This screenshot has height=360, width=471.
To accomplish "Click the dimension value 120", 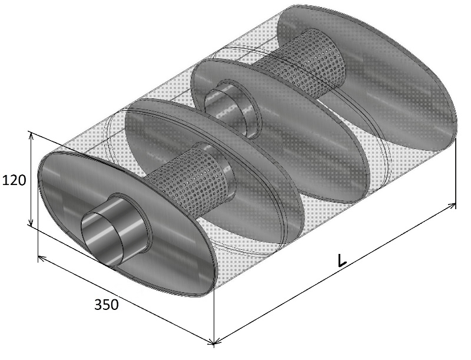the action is point(14,180).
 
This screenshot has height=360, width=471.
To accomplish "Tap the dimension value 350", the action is point(107,305).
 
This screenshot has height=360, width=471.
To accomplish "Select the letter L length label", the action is point(342,260).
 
